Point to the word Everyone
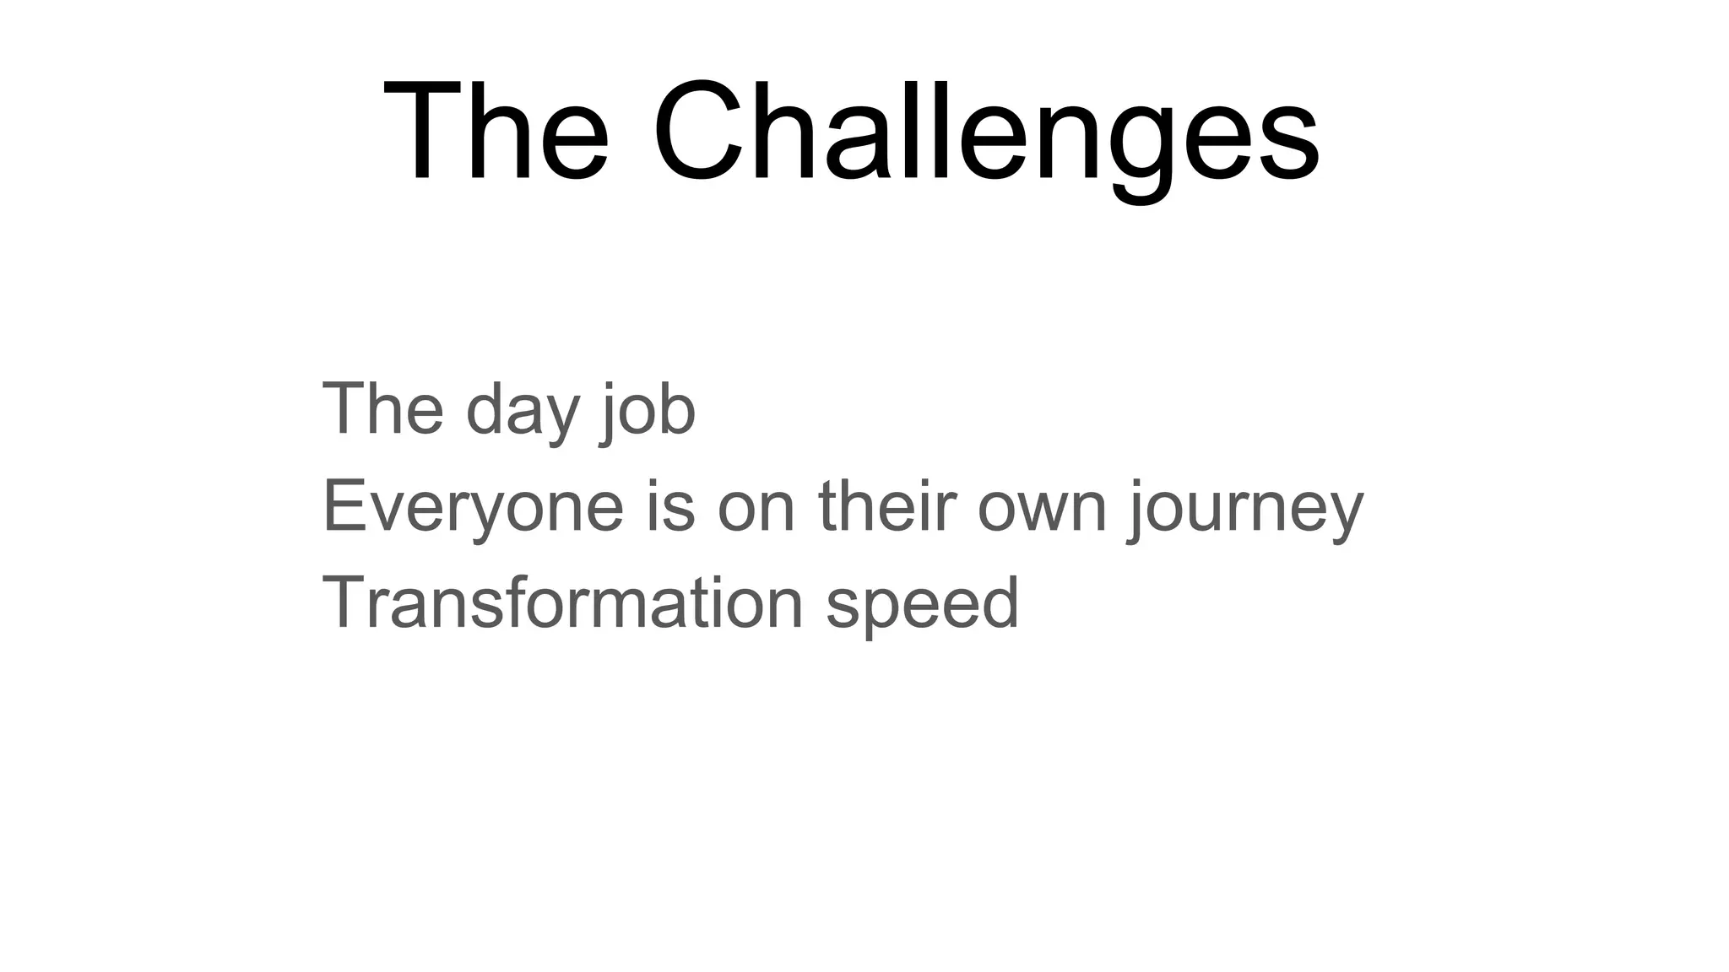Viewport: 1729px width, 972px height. [473, 507]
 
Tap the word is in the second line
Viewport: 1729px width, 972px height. [671, 507]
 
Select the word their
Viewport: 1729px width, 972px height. [886, 507]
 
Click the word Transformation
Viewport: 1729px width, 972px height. [562, 603]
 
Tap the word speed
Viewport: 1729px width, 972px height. [923, 605]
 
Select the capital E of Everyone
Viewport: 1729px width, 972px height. [344, 505]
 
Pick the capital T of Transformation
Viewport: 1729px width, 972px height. [344, 602]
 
